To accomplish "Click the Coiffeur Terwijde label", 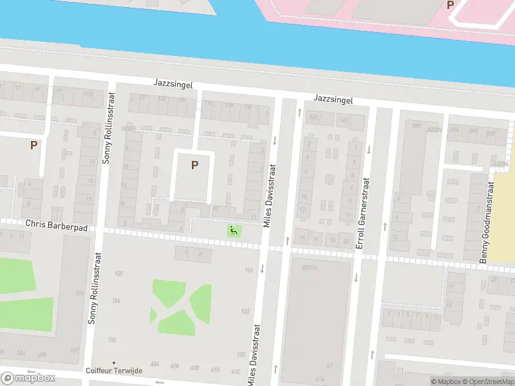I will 114,371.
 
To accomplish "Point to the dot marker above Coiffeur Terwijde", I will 114,363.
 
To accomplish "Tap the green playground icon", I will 233,230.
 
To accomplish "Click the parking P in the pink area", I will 450,5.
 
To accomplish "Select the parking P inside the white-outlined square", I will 194,165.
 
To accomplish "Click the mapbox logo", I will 28,378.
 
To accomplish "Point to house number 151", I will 249,270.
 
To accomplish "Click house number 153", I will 245,311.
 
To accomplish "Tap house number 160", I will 118,274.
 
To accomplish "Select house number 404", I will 154,365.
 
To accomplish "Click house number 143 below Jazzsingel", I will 314,117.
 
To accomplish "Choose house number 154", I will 116,301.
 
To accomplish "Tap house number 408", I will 194,367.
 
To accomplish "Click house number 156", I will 113,340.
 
